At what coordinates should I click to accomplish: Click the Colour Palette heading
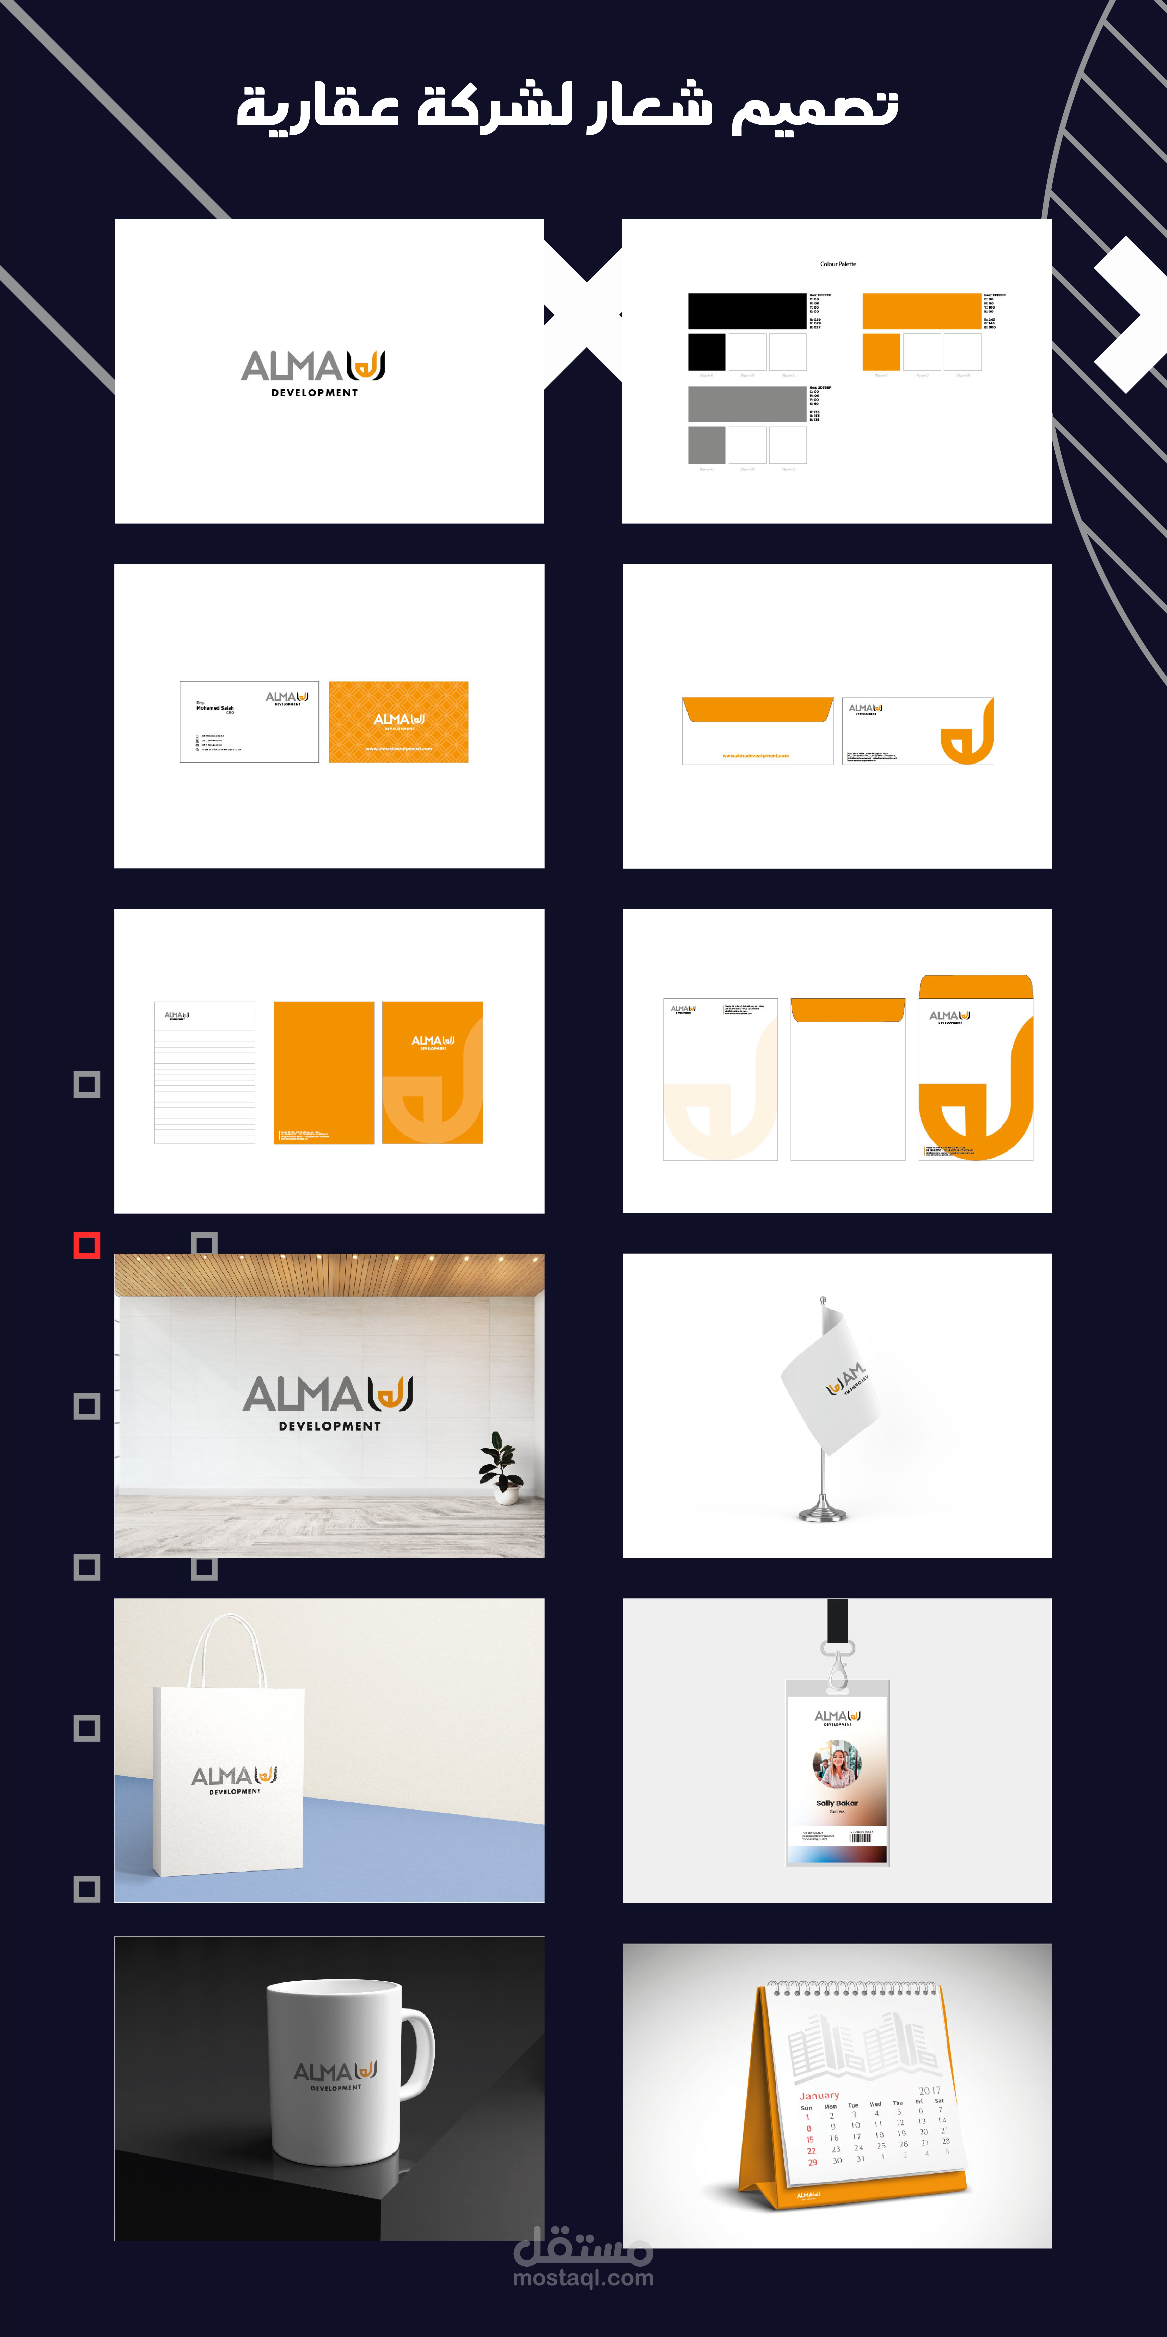pos(838,264)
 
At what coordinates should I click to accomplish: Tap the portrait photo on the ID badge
pos(837,1765)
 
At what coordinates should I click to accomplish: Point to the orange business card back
pos(398,722)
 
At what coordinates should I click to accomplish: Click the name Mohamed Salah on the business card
pos(215,708)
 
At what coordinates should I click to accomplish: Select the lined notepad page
pos(205,1072)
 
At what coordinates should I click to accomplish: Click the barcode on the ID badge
pos(861,1837)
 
